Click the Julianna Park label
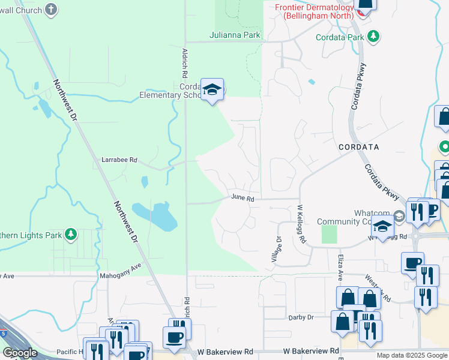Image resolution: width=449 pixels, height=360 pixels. tap(235, 35)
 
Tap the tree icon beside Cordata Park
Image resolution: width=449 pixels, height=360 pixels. tap(374, 37)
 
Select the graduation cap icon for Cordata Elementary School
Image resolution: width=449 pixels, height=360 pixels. tap(212, 90)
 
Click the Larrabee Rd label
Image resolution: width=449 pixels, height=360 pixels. tap(119, 160)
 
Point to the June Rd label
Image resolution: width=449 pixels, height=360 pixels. tap(243, 198)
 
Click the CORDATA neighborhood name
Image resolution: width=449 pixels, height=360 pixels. tap(359, 146)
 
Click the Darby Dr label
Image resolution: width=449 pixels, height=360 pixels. tap(301, 317)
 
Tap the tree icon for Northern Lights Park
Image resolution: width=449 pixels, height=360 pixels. tap(71, 233)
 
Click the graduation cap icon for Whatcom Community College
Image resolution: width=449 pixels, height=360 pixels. tap(382, 226)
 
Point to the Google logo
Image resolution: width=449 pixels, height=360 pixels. tap(20, 352)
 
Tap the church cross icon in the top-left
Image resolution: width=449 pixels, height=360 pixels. tap(52, 10)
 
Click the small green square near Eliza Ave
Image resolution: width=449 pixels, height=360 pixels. tap(329, 234)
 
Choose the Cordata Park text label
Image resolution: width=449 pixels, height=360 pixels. tap(340, 37)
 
